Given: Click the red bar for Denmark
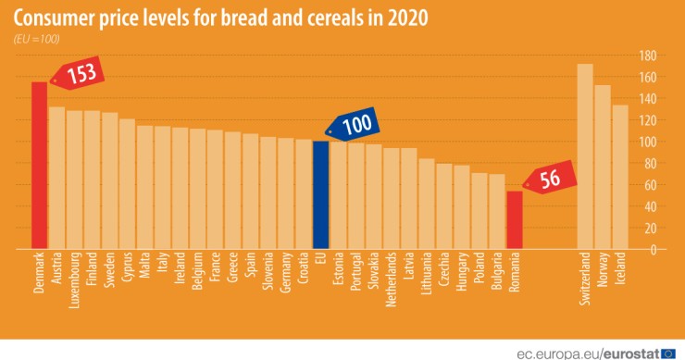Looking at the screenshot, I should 39,166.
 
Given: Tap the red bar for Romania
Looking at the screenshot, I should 514,219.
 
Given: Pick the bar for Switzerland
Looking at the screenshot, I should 585,156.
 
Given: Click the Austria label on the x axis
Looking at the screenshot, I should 57,269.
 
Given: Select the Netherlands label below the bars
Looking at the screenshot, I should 391,279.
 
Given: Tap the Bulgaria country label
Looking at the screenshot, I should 496,271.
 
